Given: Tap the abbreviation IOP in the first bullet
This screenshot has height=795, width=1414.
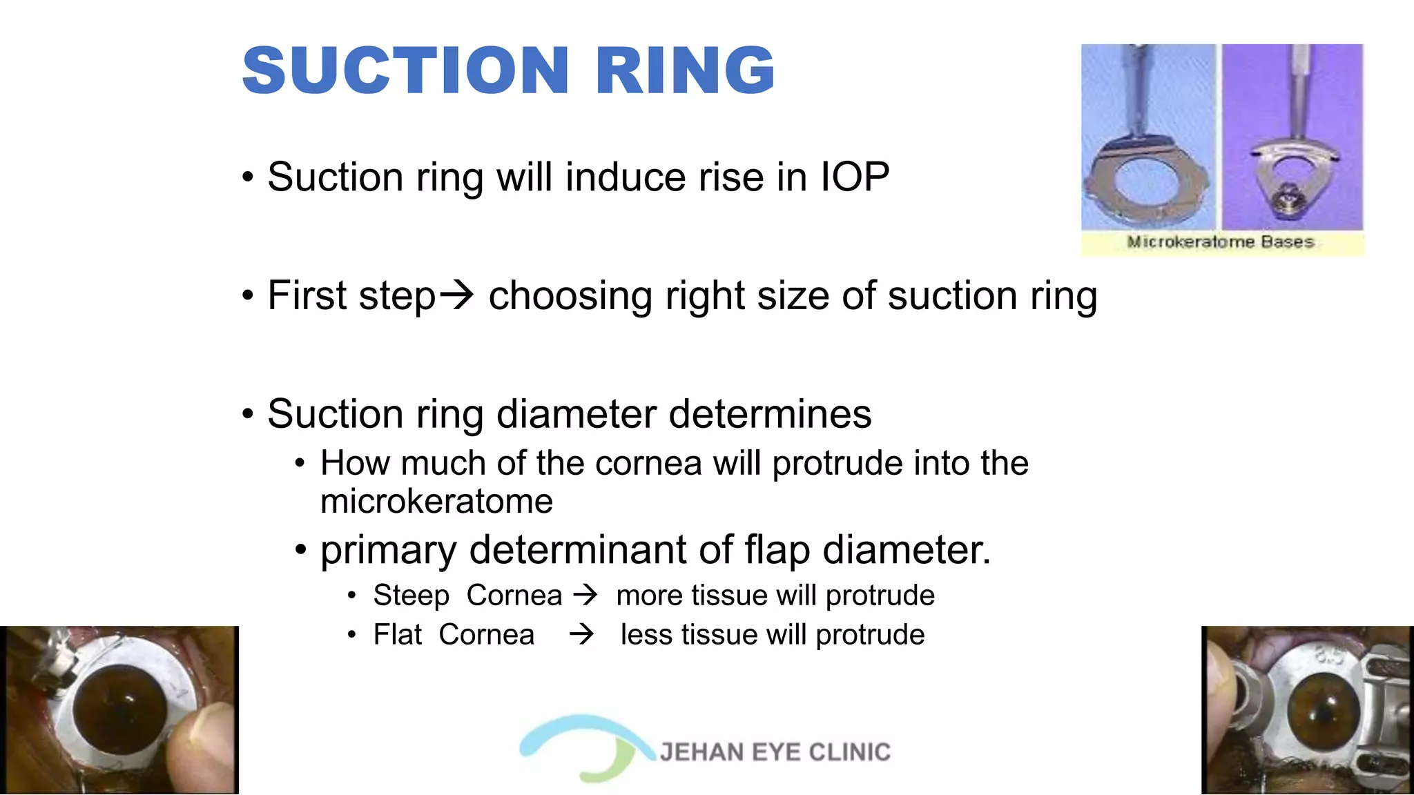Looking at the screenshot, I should (x=855, y=177).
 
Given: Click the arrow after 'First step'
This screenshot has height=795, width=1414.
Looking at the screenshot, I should (x=457, y=295).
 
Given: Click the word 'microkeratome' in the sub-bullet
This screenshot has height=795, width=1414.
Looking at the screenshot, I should (x=436, y=502).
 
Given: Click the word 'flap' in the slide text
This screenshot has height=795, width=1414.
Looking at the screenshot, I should (x=777, y=550).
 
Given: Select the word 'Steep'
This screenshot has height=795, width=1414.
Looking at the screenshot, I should (x=411, y=596).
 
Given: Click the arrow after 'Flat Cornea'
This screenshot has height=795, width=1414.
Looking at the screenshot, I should (x=581, y=634).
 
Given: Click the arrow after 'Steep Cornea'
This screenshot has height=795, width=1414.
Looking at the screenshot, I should (x=586, y=594).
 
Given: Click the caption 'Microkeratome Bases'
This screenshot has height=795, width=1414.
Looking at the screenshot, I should (x=1220, y=242).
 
